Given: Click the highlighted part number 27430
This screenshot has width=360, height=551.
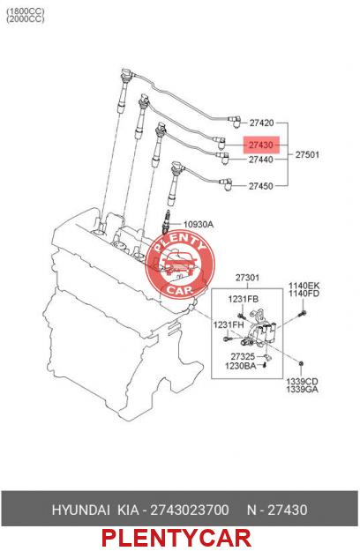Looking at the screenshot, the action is tap(261, 145).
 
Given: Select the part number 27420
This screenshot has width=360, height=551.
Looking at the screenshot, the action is tap(261, 123).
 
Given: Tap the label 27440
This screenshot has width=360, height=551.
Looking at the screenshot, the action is tap(261, 160).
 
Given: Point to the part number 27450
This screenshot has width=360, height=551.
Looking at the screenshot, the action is tap(261, 186).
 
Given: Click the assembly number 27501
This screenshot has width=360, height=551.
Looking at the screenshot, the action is tap(307, 154).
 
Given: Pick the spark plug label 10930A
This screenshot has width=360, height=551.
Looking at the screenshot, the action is tap(199, 224).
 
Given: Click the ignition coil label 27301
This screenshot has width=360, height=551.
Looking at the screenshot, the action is tap(247, 278).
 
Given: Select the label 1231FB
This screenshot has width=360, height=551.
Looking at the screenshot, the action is tap(244, 299).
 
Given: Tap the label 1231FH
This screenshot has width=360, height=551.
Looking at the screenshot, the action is tap(229, 325).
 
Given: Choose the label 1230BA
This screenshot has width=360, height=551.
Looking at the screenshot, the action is tap(241, 366).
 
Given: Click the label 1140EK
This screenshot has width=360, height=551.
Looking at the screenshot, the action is tap(304, 286).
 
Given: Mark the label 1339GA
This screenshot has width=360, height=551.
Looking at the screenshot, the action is tap(302, 390).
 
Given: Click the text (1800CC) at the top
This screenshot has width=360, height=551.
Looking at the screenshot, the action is tap(26, 11).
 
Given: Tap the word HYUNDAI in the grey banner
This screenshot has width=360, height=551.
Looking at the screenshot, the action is tap(81, 510).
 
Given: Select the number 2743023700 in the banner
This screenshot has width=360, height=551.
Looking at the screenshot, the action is tap(190, 510).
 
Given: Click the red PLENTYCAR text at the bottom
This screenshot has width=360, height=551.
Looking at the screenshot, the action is tap(176, 539).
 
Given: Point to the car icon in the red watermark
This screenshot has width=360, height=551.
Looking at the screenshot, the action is tap(179, 264).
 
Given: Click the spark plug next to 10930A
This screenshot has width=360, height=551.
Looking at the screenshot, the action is tap(167, 222).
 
